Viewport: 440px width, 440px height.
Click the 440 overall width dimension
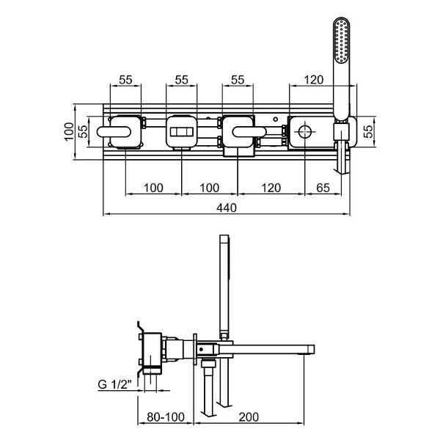227,208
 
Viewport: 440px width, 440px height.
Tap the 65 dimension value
322,188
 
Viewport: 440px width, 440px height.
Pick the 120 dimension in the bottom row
271,188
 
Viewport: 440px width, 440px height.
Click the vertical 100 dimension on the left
69,132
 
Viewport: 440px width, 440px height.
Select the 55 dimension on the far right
370,132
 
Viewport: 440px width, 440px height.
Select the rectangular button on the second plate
182,133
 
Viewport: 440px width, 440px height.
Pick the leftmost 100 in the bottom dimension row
153,188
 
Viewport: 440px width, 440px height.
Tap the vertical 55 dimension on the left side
84,132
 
